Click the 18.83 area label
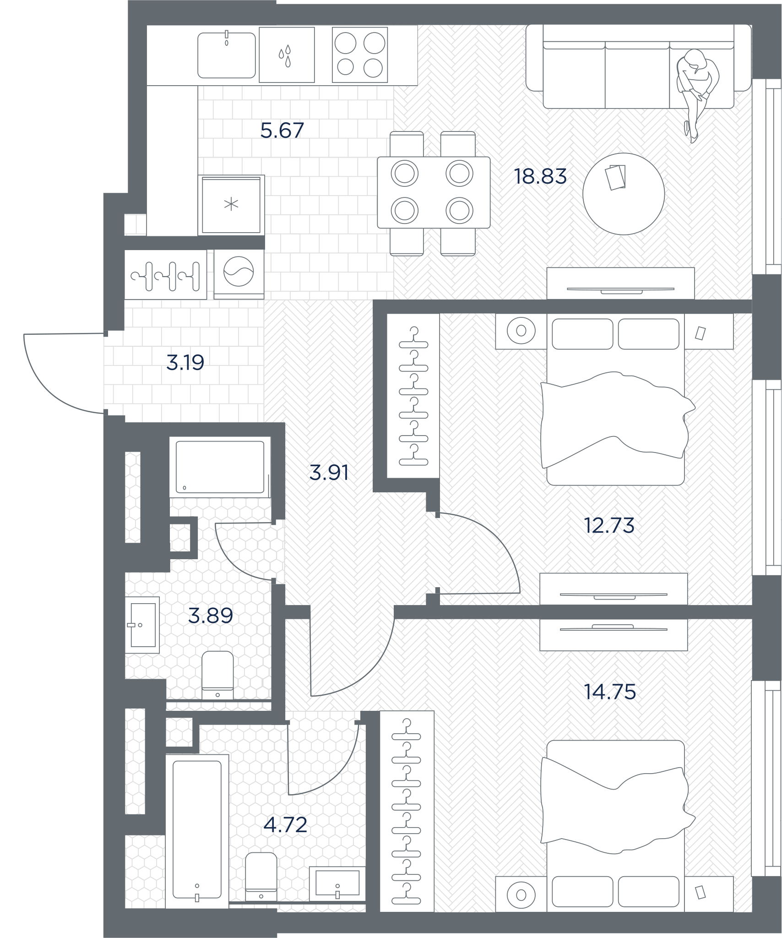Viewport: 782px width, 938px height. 540,176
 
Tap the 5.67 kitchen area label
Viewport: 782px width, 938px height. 282,131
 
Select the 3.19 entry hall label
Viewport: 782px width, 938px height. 185,363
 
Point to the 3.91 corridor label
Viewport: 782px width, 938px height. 329,473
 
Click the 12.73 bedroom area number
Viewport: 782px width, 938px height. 609,526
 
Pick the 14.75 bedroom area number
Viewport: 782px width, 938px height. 610,692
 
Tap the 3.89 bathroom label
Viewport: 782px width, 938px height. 211,616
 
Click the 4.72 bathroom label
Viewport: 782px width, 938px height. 285,825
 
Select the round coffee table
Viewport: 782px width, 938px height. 624,194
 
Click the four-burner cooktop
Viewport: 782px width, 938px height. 360,55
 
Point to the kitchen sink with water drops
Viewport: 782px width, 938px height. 287,55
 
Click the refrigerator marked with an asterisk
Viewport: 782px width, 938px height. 231,205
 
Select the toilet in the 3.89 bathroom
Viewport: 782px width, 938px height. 217,676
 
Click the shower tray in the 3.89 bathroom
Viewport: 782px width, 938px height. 220,467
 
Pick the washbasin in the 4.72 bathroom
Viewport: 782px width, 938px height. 337,883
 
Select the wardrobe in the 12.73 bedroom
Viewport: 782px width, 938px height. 413,396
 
